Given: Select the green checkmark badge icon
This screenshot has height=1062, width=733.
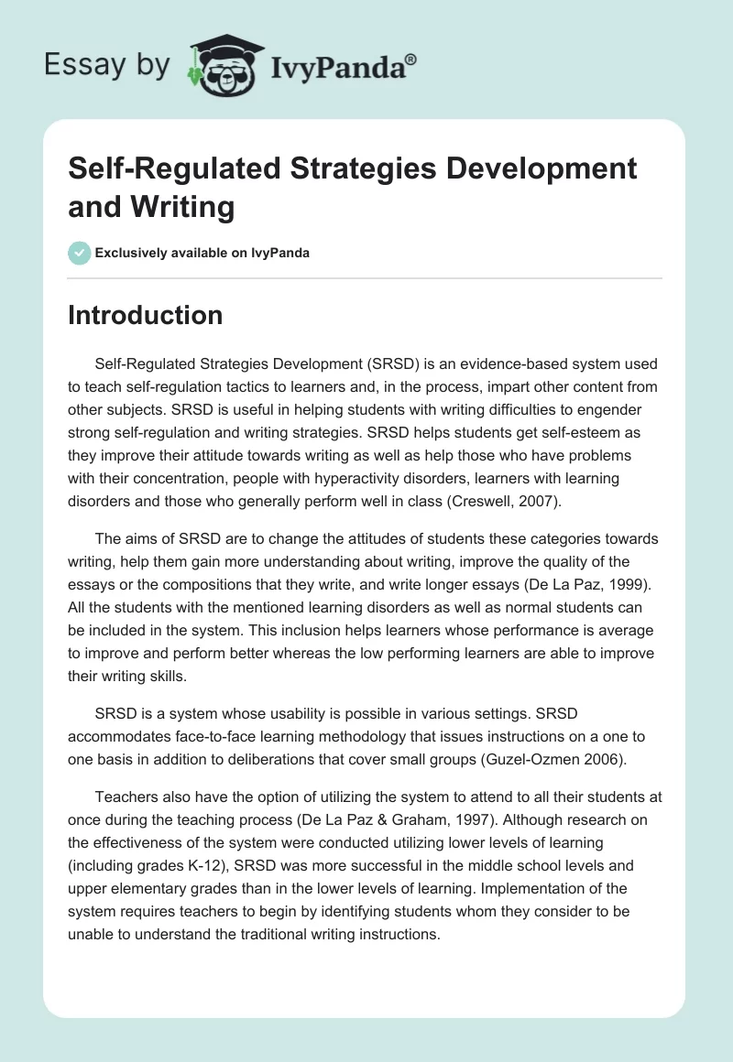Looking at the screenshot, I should (x=80, y=253).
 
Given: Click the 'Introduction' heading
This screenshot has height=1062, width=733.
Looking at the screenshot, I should (x=146, y=315).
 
